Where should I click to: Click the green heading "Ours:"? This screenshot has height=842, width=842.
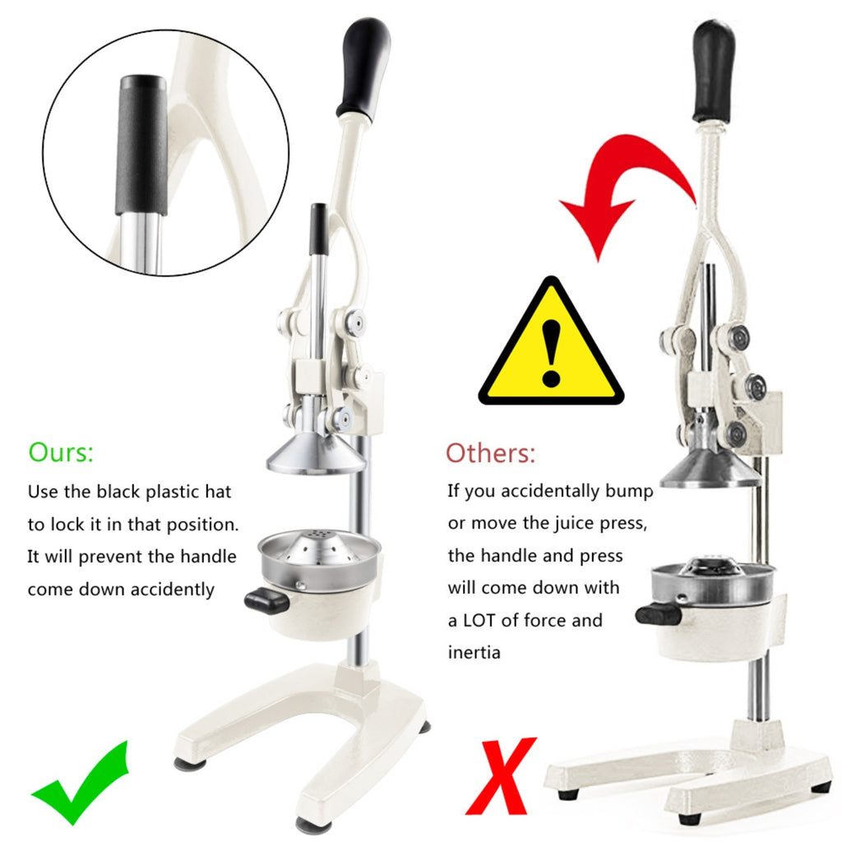coord(61,452)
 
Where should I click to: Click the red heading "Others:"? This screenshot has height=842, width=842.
coord(490,453)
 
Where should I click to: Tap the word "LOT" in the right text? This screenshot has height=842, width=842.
coord(479,620)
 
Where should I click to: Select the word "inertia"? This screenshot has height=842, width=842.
coord(474,652)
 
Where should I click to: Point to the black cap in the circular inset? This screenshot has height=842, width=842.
coord(142,145)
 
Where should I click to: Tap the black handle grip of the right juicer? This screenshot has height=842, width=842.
coord(714,72)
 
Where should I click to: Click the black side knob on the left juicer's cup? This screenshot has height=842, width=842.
coord(267,601)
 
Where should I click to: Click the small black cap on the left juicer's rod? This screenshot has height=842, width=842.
coord(318,229)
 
